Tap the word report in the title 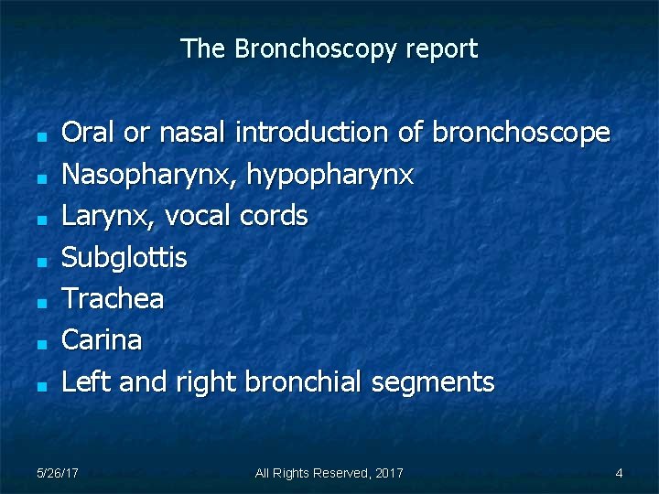(441, 49)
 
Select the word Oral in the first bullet (88, 133)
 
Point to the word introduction (313, 133)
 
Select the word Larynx (101, 217)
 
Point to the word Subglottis (124, 259)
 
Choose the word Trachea (113, 298)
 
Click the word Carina (102, 340)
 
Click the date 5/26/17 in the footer (57, 473)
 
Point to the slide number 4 (620, 473)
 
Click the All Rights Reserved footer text (329, 473)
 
